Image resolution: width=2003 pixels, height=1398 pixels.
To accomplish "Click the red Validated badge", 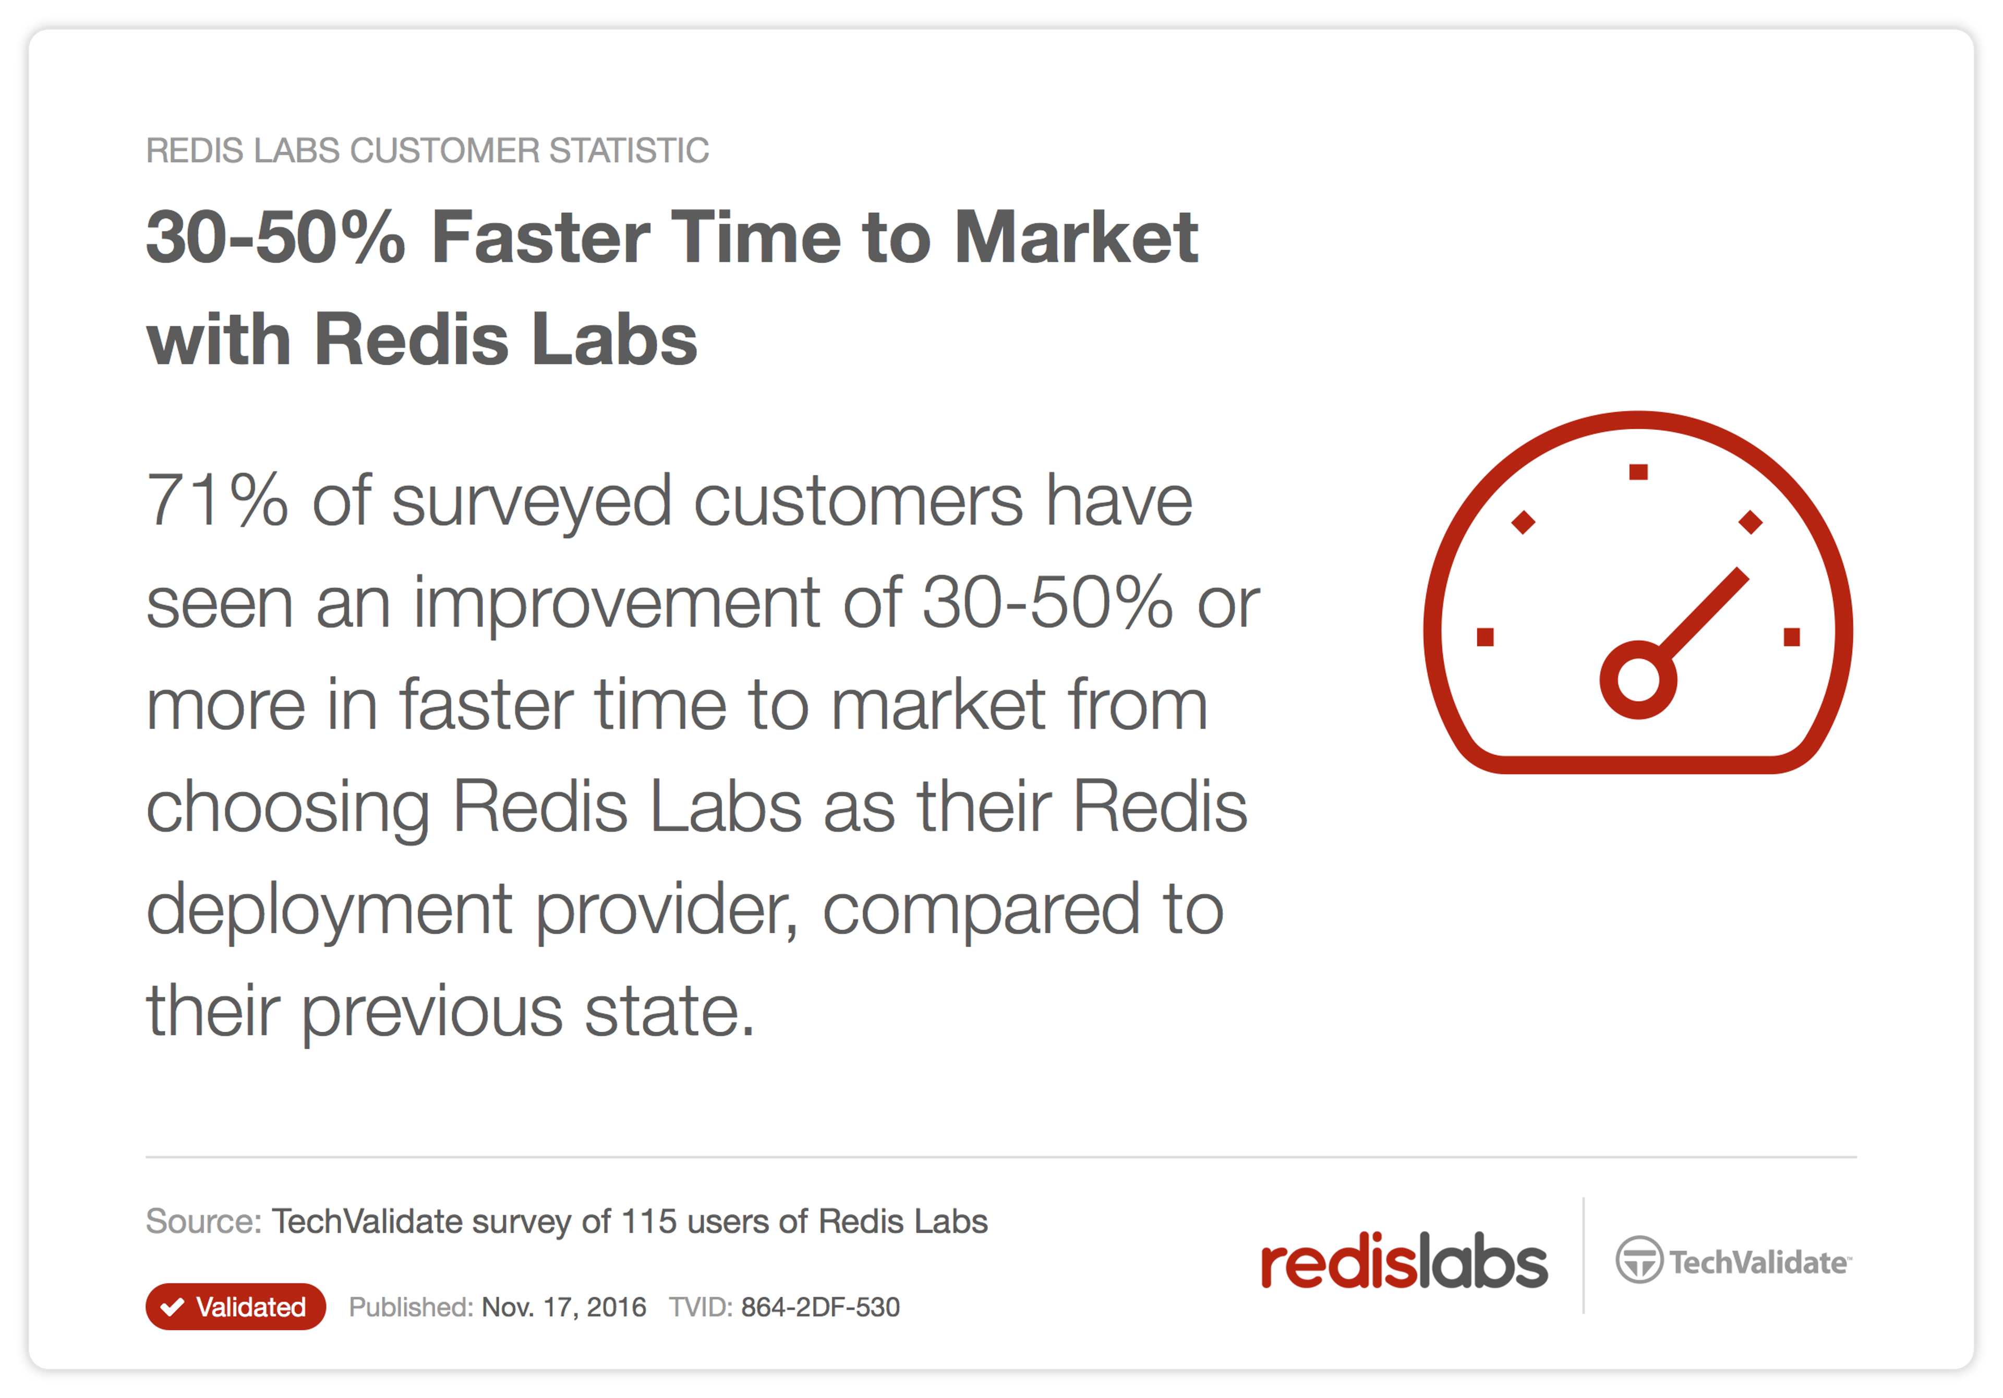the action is tap(236, 1306).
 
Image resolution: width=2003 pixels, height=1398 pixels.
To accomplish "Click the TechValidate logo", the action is tap(1733, 1260).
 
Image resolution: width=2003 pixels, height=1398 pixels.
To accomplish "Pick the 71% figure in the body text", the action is tap(216, 500).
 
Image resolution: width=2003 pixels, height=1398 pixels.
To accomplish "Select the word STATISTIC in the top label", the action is tap(629, 150).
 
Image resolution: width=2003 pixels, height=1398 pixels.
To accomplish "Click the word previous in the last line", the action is tap(432, 1013).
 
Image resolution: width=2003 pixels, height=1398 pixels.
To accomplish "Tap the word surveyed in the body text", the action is tap(532, 503).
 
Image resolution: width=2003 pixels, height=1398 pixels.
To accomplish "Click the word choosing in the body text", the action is tap(288, 808).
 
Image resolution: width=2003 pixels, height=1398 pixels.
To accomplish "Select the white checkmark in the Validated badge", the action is tap(173, 1306).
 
